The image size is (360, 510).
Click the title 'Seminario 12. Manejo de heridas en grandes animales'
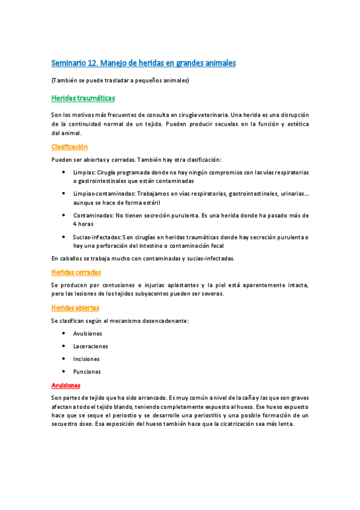click(143, 63)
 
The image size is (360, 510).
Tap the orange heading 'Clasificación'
click(70, 147)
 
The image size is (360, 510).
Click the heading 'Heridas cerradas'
click(76, 272)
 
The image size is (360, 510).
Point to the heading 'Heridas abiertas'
click(75, 308)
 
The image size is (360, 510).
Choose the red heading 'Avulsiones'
click(66, 385)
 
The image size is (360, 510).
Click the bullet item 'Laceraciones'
click(91, 346)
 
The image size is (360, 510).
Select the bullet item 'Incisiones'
click(87, 359)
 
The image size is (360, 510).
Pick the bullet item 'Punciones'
click(87, 372)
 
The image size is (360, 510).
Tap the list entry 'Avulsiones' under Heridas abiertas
click(88, 333)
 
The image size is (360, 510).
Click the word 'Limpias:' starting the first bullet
click(84, 172)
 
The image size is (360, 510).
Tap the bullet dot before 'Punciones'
click(64, 371)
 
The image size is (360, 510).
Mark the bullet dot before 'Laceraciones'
click(64, 346)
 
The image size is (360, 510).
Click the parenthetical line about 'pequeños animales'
click(121, 81)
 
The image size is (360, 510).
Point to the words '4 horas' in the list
click(84, 224)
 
